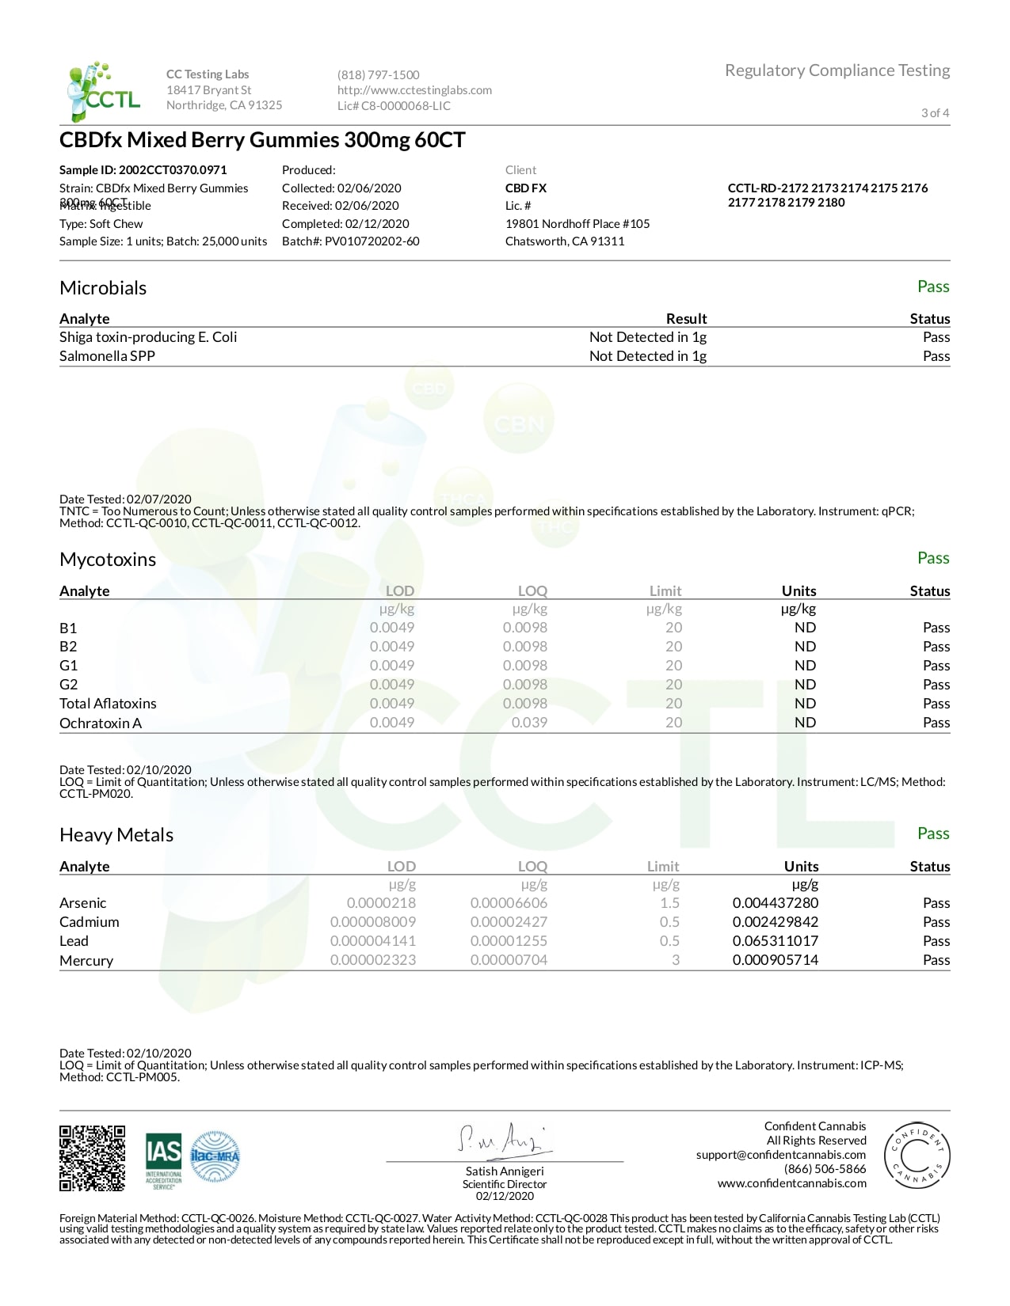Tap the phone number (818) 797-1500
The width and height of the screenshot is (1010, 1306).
pyautogui.click(x=378, y=74)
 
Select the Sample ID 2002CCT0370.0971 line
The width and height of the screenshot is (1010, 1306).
pyautogui.click(x=143, y=169)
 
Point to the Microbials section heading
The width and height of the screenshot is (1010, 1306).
pyautogui.click(x=103, y=287)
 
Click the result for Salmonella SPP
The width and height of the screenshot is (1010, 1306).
pyautogui.click(x=647, y=355)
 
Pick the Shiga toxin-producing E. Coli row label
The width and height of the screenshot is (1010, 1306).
pyautogui.click(x=148, y=336)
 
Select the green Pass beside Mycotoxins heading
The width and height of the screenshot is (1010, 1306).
pyautogui.click(x=932, y=558)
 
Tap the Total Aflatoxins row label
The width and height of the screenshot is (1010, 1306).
pyautogui.click(x=108, y=703)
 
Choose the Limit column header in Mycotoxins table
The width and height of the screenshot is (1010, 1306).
pyautogui.click(x=665, y=590)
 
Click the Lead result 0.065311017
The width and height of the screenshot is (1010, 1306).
pyautogui.click(x=775, y=940)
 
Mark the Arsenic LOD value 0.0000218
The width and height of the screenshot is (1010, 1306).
pyautogui.click(x=381, y=902)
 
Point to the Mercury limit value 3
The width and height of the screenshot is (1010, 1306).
pyautogui.click(x=675, y=959)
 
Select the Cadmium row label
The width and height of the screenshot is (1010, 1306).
pyautogui.click(x=89, y=921)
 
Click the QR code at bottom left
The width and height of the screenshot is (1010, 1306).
pyautogui.click(x=92, y=1157)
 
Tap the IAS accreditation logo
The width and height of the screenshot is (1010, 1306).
pyautogui.click(x=163, y=1160)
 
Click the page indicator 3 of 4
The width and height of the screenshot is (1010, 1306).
pyautogui.click(x=935, y=112)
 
